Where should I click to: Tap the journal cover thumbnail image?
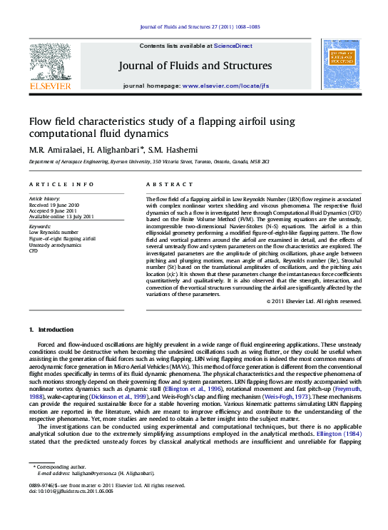[342, 63]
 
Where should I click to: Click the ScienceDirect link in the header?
[234, 46]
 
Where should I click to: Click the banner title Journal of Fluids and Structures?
[195, 66]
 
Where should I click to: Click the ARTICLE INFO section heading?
[61, 184]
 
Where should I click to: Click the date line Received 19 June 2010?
[53, 204]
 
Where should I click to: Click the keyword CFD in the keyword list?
[33, 251]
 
